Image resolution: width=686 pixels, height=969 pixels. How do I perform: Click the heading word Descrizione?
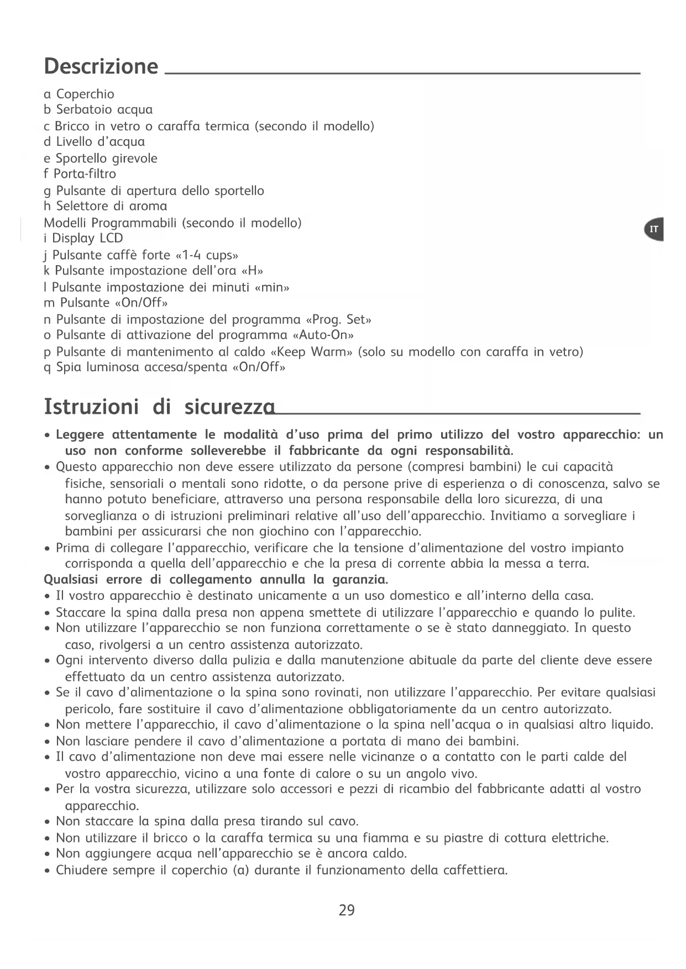[x=101, y=66]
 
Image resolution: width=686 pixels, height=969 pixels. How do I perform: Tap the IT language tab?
[x=654, y=229]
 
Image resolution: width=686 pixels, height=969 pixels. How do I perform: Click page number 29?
[x=347, y=910]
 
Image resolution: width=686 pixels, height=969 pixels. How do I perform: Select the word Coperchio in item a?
[x=85, y=94]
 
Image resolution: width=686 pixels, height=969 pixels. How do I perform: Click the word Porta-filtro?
[x=85, y=174]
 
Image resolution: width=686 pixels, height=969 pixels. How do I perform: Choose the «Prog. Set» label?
[x=338, y=319]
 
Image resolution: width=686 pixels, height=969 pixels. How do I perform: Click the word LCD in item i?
[x=111, y=238]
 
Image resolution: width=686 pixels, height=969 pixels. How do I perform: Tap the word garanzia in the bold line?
[x=360, y=580]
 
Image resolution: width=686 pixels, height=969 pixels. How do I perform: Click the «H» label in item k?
[x=253, y=270]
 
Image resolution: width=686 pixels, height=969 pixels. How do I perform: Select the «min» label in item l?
[x=271, y=287]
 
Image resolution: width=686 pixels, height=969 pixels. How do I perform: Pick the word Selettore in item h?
[x=82, y=206]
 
